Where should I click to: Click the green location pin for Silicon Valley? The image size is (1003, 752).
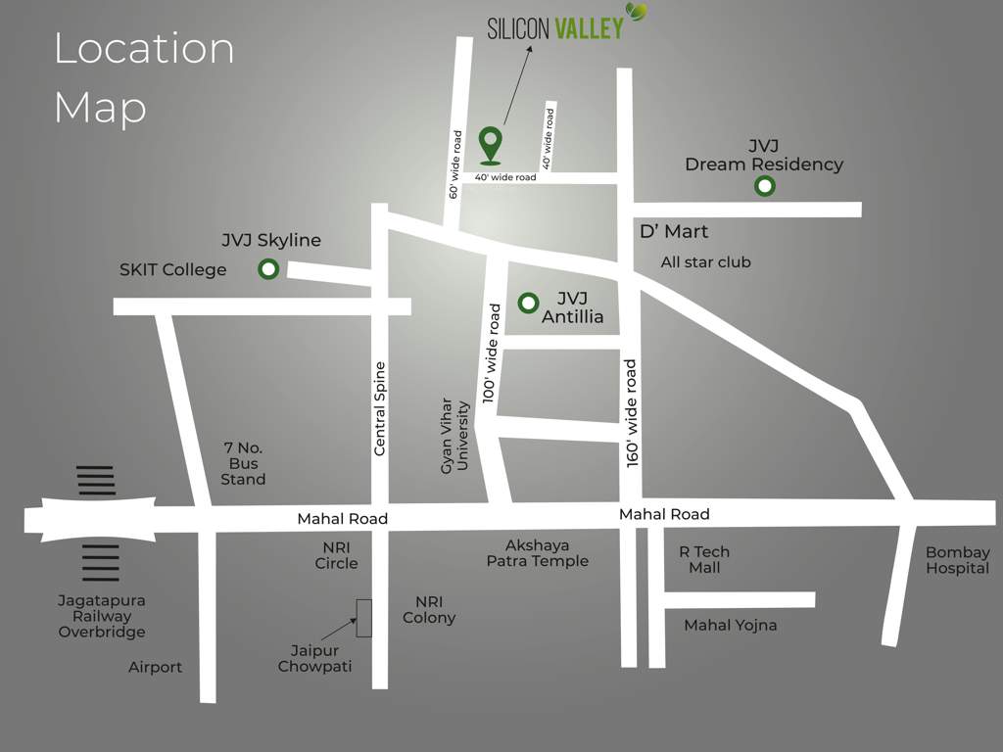pyautogui.click(x=491, y=143)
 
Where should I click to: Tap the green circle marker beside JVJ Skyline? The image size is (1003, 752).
pyautogui.click(x=267, y=269)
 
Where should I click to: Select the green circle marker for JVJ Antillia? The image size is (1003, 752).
pyautogui.click(x=528, y=303)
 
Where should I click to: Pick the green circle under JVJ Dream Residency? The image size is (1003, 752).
pyautogui.click(x=764, y=186)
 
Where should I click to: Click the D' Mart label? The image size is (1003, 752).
pyautogui.click(x=673, y=232)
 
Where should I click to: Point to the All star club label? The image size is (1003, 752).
pyautogui.click(x=705, y=262)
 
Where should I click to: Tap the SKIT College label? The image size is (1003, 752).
pyautogui.click(x=172, y=269)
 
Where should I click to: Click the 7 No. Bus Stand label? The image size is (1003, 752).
pyautogui.click(x=243, y=463)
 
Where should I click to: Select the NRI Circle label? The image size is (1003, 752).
pyautogui.click(x=336, y=555)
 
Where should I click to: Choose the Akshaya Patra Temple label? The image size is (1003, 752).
pyautogui.click(x=538, y=553)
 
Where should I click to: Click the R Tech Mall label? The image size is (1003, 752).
pyautogui.click(x=704, y=559)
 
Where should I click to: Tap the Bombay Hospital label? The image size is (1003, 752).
pyautogui.click(x=958, y=560)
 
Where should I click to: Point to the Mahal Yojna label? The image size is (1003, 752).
pyautogui.click(x=730, y=625)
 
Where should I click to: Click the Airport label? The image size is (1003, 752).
pyautogui.click(x=155, y=667)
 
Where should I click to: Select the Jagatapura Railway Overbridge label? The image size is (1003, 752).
pyautogui.click(x=101, y=616)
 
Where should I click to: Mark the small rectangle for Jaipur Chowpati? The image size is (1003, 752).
pyautogui.click(x=363, y=618)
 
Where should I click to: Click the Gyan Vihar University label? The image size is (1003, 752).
pyautogui.click(x=454, y=435)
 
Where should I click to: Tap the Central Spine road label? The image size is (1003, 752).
pyautogui.click(x=380, y=408)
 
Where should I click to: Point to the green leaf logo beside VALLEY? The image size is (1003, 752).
pyautogui.click(x=637, y=12)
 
